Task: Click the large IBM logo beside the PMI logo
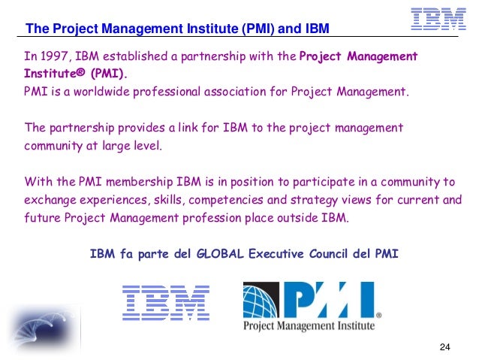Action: (x=166, y=303)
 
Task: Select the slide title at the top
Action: (x=177, y=29)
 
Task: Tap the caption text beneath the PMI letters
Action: (x=308, y=325)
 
